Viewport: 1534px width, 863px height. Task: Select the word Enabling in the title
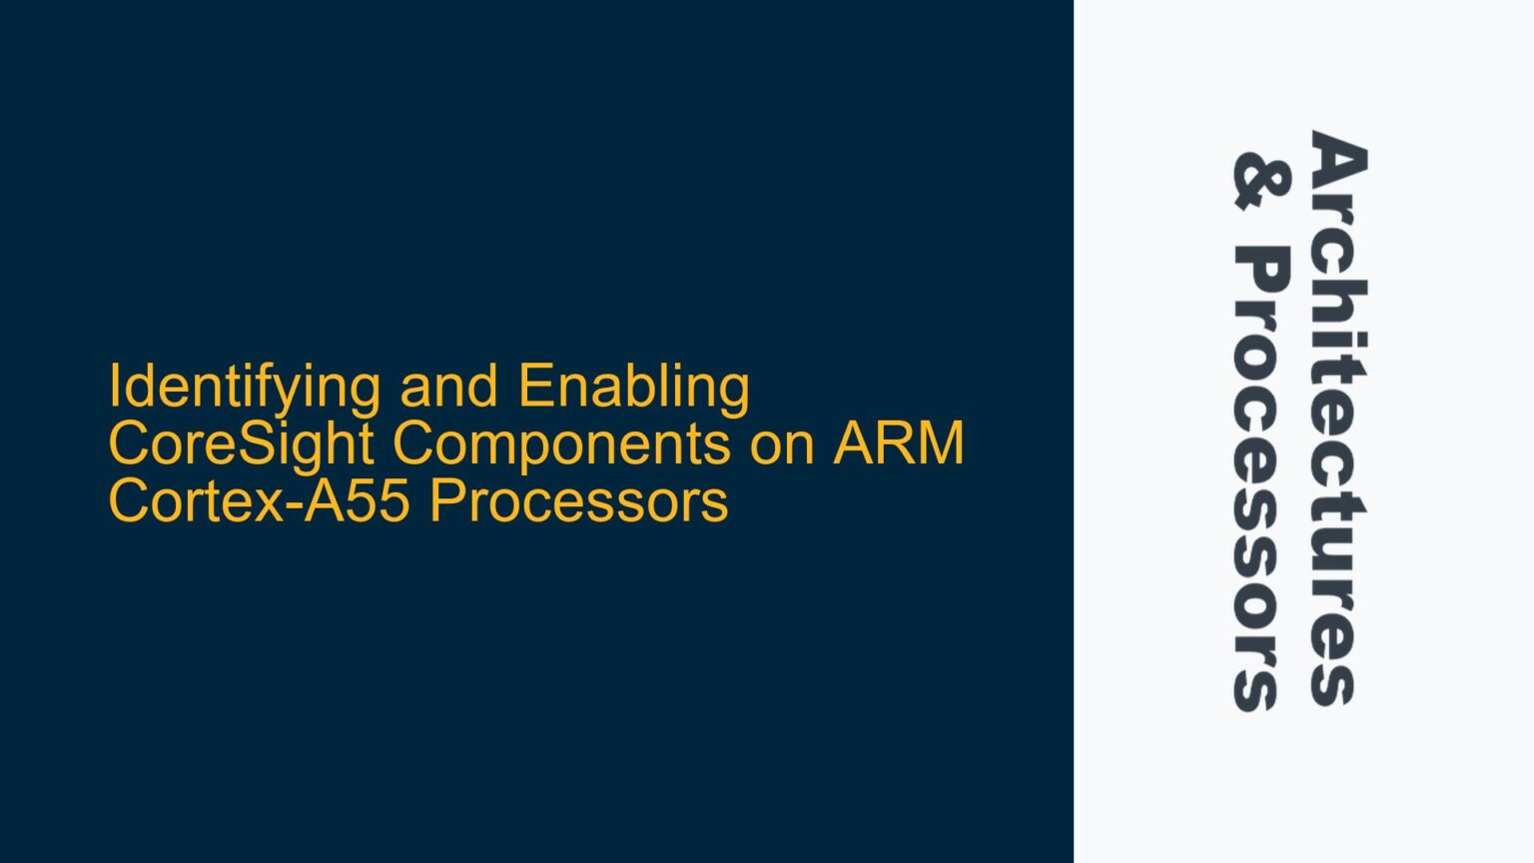633,388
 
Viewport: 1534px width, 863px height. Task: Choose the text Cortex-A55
258,500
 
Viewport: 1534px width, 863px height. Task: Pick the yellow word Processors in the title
578,500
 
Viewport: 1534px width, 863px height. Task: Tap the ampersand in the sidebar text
1260,181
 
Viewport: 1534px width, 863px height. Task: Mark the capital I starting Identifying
114,387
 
